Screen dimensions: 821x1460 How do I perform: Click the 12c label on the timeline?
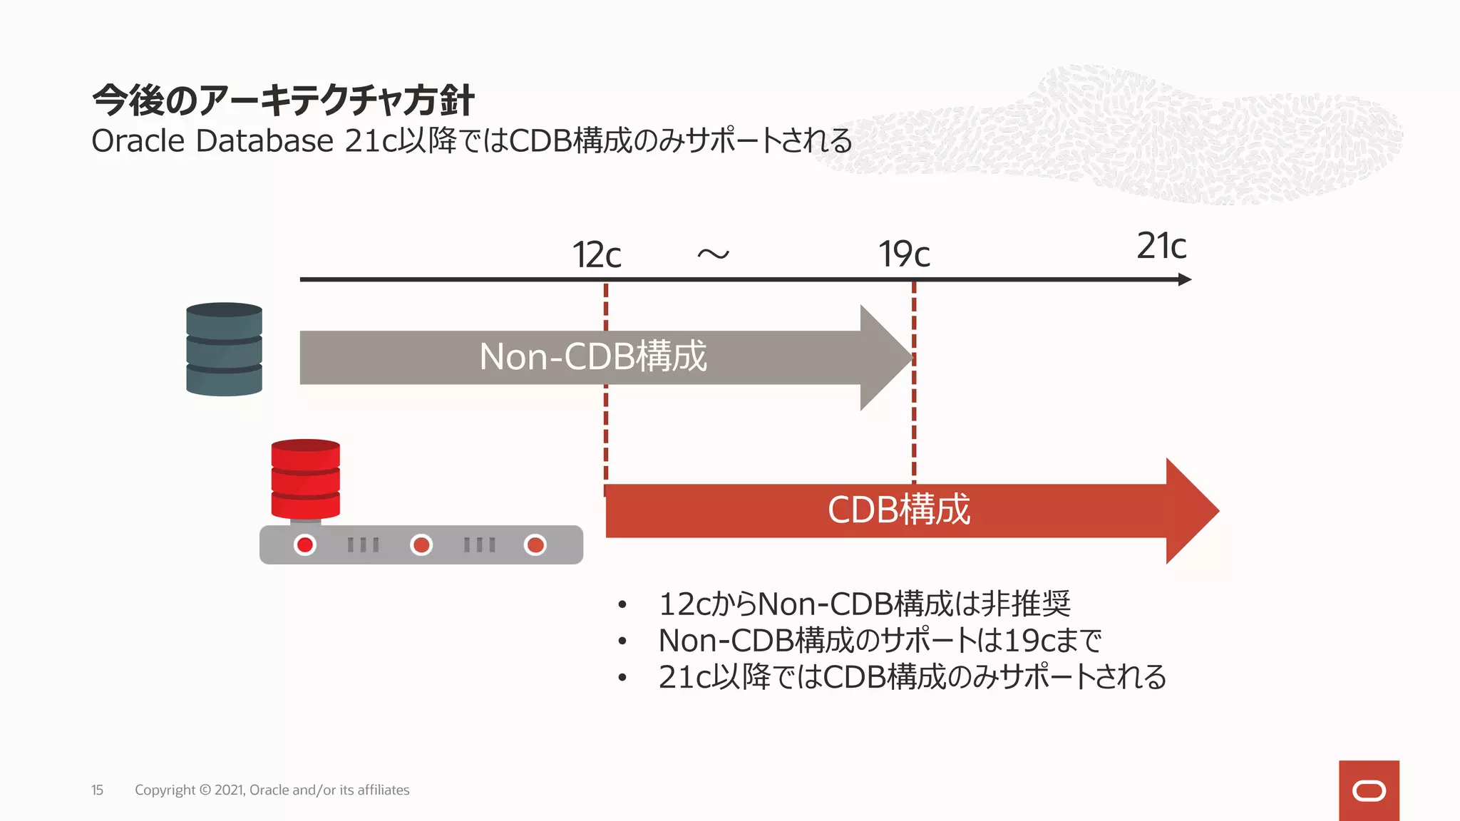[x=597, y=255]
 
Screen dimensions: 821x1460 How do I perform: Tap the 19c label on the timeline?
[x=904, y=254]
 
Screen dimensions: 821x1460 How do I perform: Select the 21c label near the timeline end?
[x=1161, y=247]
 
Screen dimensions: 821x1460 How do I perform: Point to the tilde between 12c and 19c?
[x=713, y=254]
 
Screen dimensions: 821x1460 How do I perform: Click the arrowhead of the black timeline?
[x=1184, y=279]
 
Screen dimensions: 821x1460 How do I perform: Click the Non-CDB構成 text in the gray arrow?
[x=592, y=356]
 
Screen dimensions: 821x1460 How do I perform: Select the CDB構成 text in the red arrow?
[x=898, y=510]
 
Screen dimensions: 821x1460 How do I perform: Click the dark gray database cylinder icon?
[x=224, y=349]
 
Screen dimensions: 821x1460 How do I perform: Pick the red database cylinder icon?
[x=305, y=479]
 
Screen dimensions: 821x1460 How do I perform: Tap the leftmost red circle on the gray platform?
[x=305, y=545]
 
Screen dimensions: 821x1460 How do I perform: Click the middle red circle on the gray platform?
[x=421, y=545]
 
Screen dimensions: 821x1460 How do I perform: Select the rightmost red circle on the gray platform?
[x=535, y=545]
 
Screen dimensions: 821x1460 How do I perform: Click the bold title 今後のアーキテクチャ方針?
[x=283, y=100]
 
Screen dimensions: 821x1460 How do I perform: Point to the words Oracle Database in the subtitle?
[x=212, y=141]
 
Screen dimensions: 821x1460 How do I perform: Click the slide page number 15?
[x=97, y=790]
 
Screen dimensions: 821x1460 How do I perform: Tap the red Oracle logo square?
[x=1368, y=790]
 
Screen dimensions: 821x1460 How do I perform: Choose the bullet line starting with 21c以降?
[x=911, y=677]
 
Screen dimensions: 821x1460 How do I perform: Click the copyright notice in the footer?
[x=272, y=790]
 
